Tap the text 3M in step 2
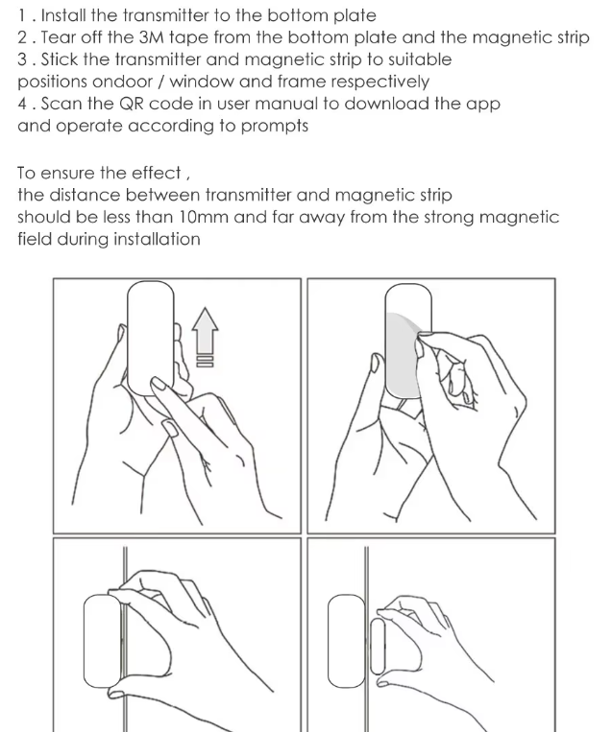click(x=152, y=37)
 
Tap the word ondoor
click(x=122, y=82)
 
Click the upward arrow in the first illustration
click(x=205, y=337)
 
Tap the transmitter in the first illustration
click(x=151, y=338)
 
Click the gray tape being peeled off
click(x=403, y=355)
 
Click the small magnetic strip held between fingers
click(x=378, y=647)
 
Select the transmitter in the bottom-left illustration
click(x=103, y=641)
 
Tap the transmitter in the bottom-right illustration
click(x=347, y=641)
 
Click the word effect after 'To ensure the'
click(x=157, y=173)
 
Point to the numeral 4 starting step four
click(x=22, y=105)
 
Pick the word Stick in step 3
click(x=60, y=59)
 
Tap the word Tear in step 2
click(x=58, y=37)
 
